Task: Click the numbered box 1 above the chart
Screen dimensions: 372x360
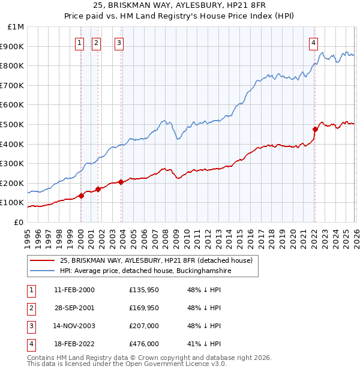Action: click(80, 42)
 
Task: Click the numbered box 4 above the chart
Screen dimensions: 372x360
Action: click(314, 42)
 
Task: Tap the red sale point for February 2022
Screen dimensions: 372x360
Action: click(315, 129)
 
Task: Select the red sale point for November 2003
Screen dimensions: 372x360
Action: click(121, 182)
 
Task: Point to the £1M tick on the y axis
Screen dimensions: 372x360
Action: click(16, 27)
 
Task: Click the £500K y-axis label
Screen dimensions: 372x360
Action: click(13, 124)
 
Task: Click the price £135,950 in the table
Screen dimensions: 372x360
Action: click(144, 290)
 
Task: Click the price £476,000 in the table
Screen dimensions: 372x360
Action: click(144, 344)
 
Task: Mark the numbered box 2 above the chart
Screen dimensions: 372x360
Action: click(96, 42)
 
